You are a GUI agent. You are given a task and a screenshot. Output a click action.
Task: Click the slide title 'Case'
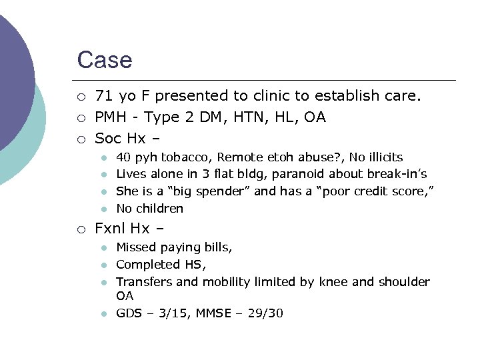(105, 60)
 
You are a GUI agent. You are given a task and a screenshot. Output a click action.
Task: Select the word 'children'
(159, 209)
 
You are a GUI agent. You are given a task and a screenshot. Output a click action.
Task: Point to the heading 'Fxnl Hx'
(122, 229)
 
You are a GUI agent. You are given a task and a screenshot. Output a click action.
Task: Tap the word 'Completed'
(144, 265)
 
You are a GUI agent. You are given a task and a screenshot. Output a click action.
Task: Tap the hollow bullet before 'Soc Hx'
(81, 139)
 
